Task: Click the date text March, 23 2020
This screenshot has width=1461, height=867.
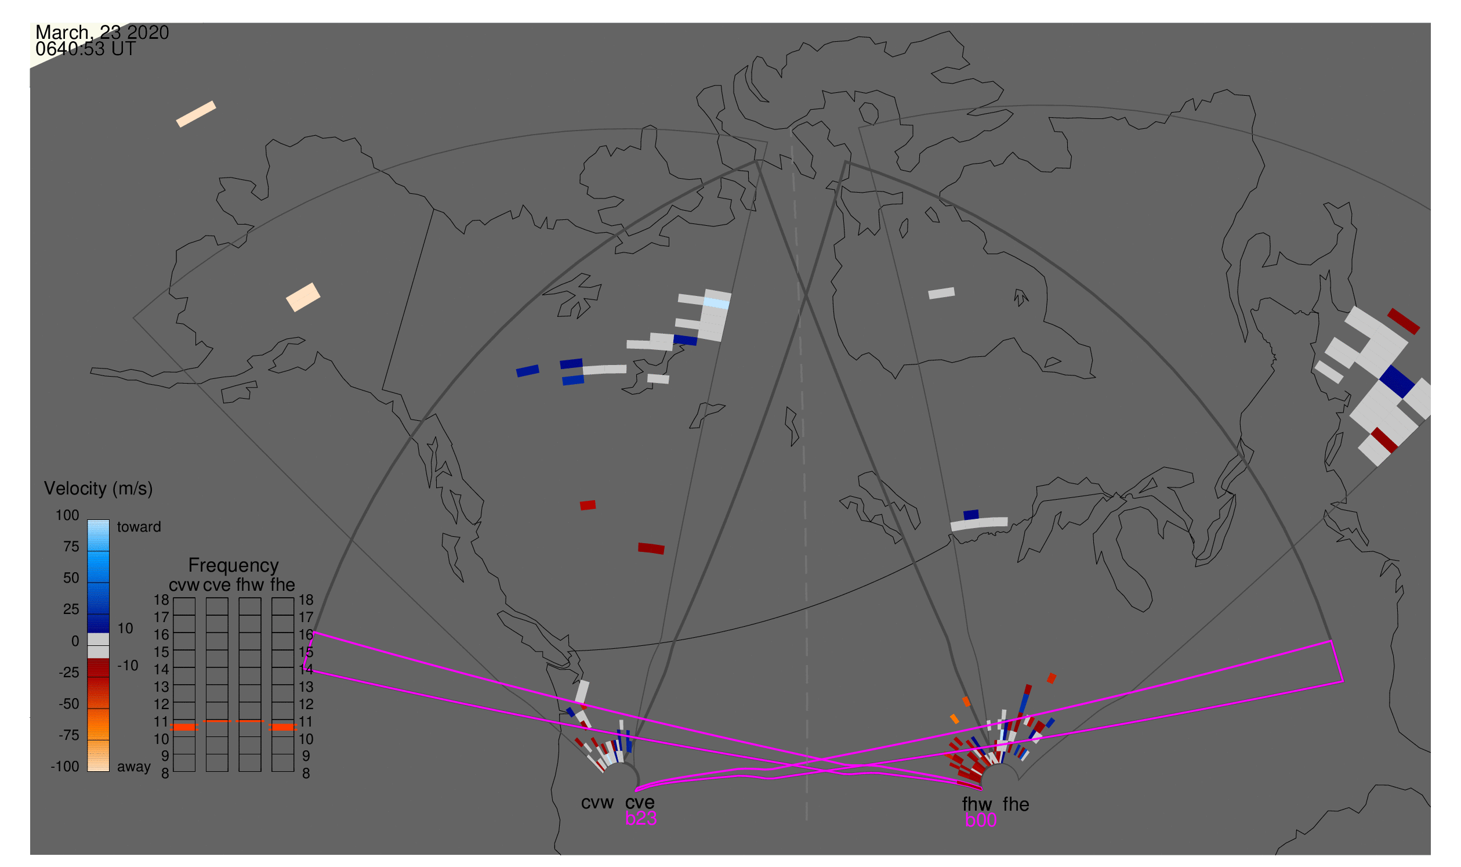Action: coord(102,32)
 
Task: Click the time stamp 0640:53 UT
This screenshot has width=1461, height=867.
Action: coord(85,49)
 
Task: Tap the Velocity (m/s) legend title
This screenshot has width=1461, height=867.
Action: coord(99,489)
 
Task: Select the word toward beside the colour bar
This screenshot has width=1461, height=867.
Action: coord(139,527)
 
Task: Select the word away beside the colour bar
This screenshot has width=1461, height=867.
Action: coord(134,767)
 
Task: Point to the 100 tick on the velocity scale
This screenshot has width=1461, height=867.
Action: coord(67,515)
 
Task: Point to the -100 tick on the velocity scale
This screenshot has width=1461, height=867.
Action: coord(65,767)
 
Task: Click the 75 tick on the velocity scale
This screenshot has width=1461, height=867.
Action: coord(71,547)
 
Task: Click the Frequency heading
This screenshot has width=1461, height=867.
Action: coord(234,566)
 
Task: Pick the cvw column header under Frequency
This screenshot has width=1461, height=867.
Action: coord(184,586)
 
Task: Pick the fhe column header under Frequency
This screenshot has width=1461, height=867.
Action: coord(282,586)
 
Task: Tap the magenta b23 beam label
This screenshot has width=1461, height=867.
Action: coord(641,819)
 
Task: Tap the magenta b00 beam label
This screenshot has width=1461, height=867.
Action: coord(981,821)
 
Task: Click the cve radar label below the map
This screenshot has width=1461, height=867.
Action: coord(640,803)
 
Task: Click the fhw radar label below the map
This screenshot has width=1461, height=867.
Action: coord(977,805)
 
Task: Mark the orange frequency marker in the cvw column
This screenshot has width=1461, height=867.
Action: coord(184,727)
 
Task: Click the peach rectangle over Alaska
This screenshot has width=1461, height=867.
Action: coord(303,297)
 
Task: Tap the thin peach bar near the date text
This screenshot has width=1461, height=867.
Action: coord(196,114)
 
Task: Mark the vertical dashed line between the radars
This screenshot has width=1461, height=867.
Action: coord(799,473)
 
